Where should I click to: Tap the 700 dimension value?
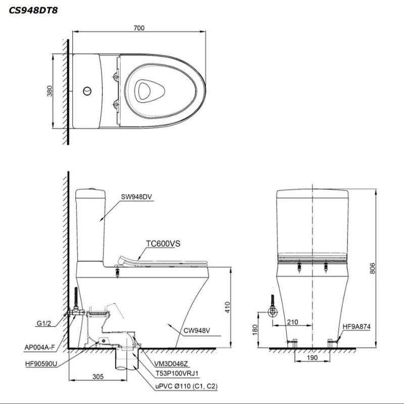(139, 28)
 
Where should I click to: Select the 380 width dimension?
(49, 91)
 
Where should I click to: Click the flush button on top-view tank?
(87, 91)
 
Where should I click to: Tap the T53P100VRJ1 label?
(175, 374)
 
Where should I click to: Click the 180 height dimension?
(255, 329)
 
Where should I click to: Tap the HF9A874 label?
(357, 327)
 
